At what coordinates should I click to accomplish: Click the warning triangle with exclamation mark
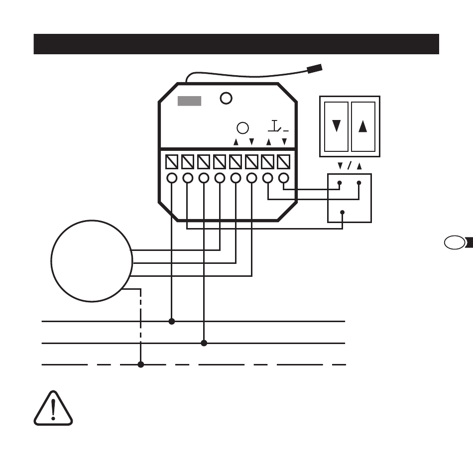53,410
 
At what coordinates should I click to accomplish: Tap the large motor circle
92,261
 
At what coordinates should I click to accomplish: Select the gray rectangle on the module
190,101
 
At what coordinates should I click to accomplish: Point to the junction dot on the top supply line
172,322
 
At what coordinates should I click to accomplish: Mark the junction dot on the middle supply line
204,343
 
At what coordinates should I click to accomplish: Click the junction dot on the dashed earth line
141,364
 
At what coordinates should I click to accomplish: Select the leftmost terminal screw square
172,162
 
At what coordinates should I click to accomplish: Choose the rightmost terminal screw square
283,162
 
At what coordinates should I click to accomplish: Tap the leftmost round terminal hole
172,178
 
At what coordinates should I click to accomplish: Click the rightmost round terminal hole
283,178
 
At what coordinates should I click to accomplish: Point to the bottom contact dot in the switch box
343,213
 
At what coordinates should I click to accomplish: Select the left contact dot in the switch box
340,183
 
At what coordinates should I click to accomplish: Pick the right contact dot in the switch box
358,183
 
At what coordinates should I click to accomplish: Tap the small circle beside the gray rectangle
227,98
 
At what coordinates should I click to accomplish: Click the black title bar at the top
236,44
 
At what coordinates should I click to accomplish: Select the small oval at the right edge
452,243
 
